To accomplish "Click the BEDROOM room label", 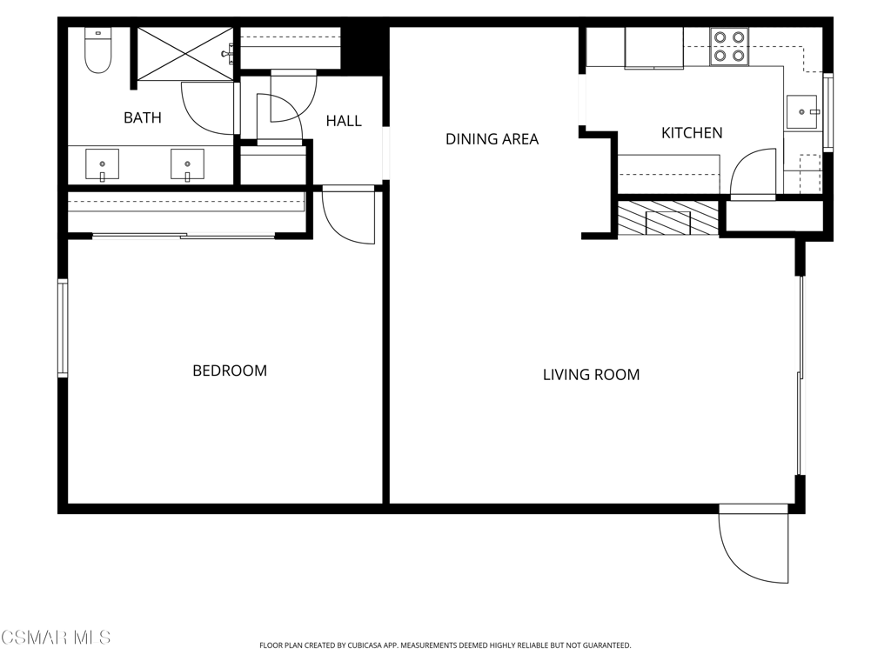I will pyautogui.click(x=230, y=371).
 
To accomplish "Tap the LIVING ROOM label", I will pyautogui.click(x=591, y=375).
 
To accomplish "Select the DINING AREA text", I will pyautogui.click(x=492, y=139).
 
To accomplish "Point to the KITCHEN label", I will pyautogui.click(x=692, y=133).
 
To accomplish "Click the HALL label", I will pyautogui.click(x=344, y=121).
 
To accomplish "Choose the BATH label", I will pyautogui.click(x=142, y=117).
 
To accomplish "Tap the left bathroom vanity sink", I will pyautogui.click(x=102, y=163).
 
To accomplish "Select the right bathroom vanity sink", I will pyautogui.click(x=187, y=163).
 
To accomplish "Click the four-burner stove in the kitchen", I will pyautogui.click(x=729, y=47).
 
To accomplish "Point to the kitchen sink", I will pyautogui.click(x=801, y=111).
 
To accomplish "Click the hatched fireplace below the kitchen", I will pyautogui.click(x=667, y=218).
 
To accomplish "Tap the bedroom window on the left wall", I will pyautogui.click(x=63, y=328).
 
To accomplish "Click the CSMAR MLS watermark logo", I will pyautogui.click(x=56, y=638).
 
